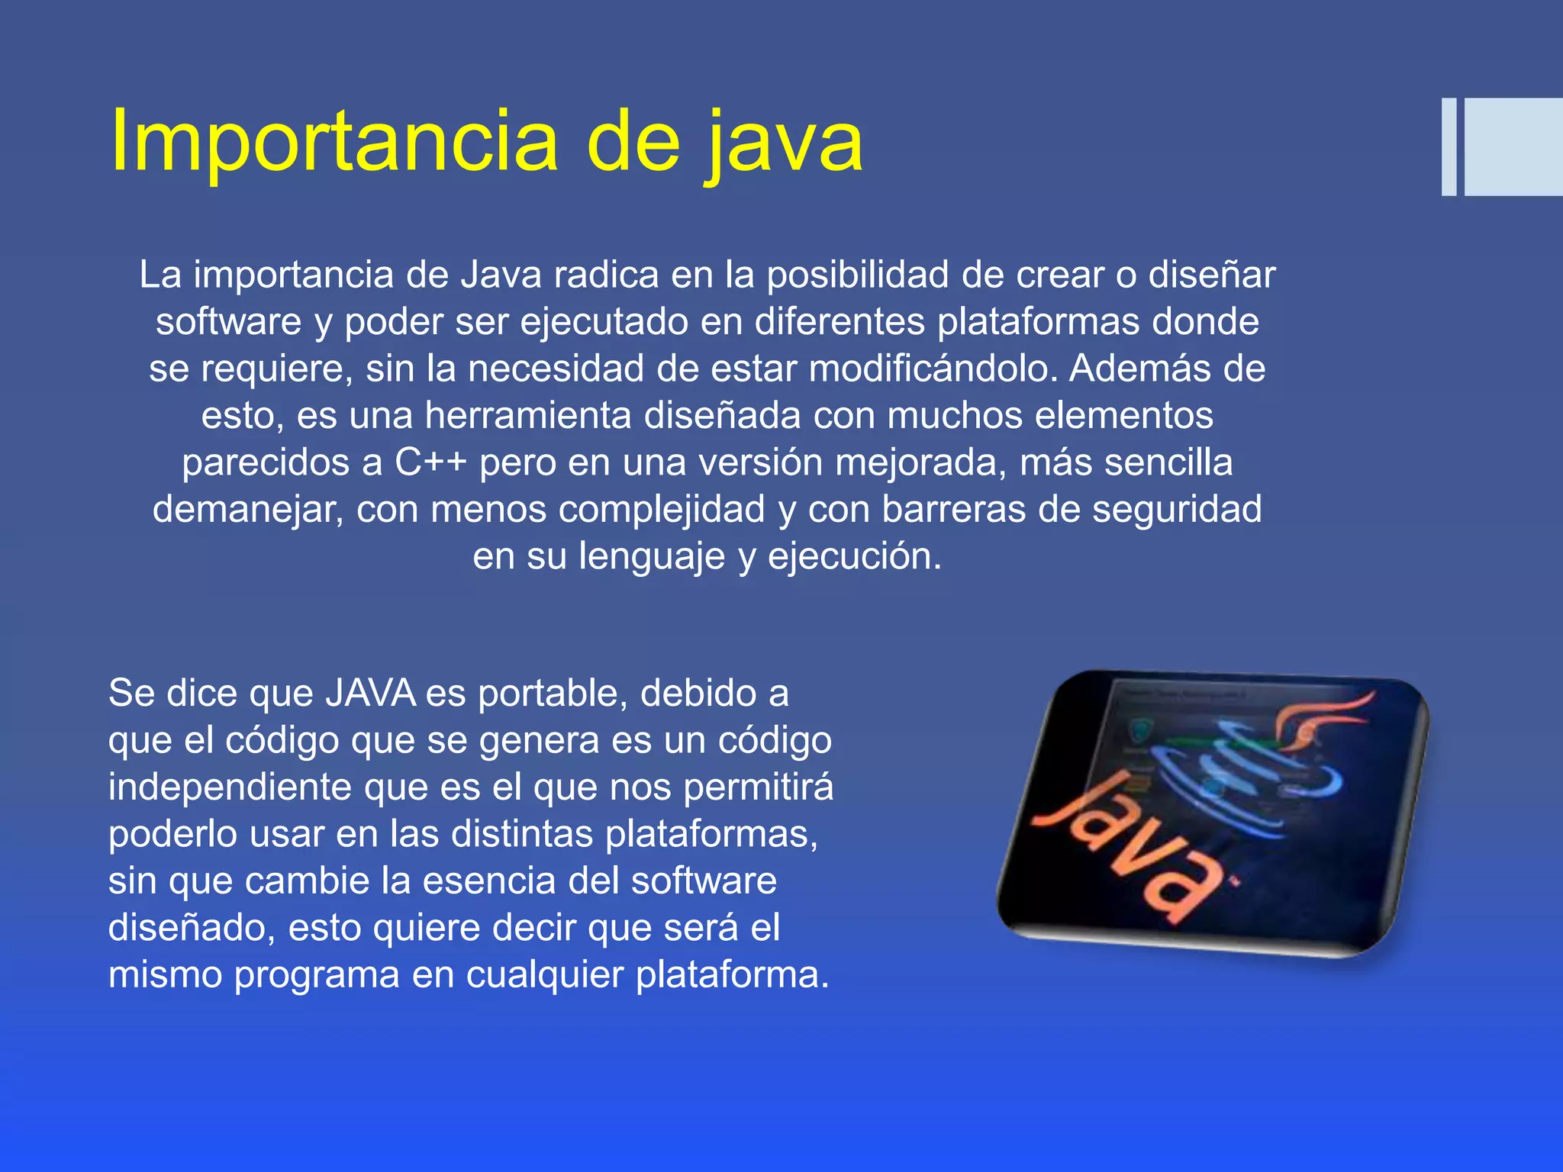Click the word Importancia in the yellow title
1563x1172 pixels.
tap(334, 141)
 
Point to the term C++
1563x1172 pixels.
tap(430, 462)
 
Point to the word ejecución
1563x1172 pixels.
tap(855, 556)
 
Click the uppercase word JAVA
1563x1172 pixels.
tap(371, 693)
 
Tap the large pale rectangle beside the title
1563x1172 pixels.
tap(1513, 146)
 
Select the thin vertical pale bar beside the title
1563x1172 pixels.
tap(1449, 146)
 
